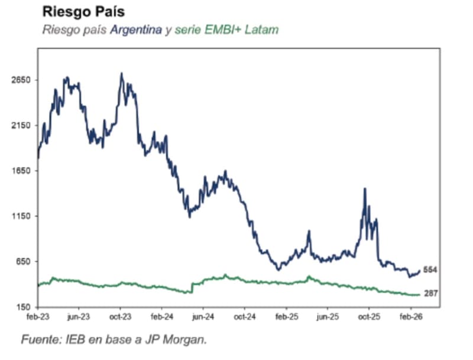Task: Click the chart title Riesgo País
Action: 83,11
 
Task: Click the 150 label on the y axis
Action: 24,307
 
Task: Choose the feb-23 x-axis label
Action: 37,317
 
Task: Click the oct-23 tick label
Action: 120,317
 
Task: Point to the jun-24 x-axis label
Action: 203,317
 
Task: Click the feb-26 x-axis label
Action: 410,317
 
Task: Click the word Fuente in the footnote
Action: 38,340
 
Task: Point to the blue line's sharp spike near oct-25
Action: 365,189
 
